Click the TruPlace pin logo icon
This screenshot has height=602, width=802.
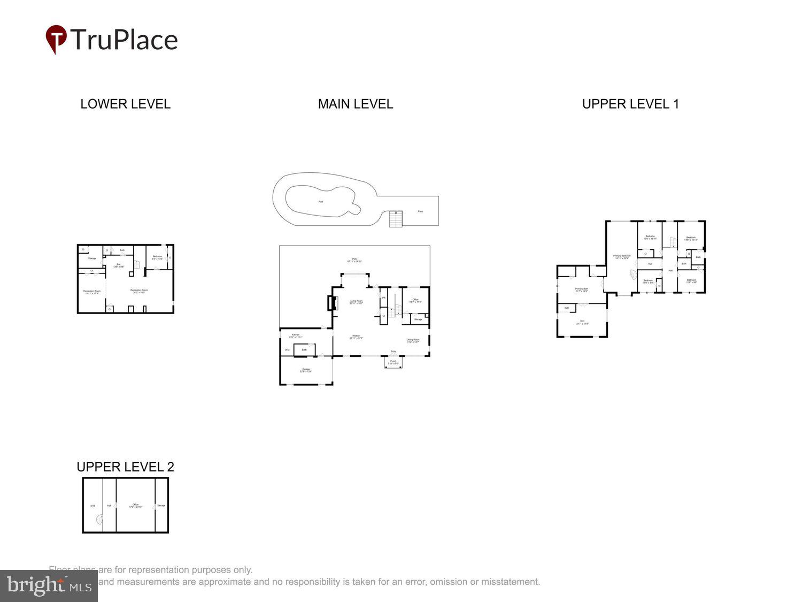click(56, 39)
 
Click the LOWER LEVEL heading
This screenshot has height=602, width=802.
click(125, 104)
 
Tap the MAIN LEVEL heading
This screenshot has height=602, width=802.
click(356, 104)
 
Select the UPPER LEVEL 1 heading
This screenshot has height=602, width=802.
click(630, 104)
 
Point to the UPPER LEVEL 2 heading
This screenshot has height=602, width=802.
click(125, 467)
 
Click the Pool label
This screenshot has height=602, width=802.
click(321, 202)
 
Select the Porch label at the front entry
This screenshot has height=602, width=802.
click(393, 362)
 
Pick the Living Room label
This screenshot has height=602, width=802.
click(357, 302)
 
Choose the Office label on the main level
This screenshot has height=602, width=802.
click(415, 300)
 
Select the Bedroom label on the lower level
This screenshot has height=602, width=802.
click(157, 257)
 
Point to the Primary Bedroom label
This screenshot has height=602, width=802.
click(622, 256)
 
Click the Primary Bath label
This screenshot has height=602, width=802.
click(582, 289)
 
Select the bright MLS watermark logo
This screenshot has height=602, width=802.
click(49, 586)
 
